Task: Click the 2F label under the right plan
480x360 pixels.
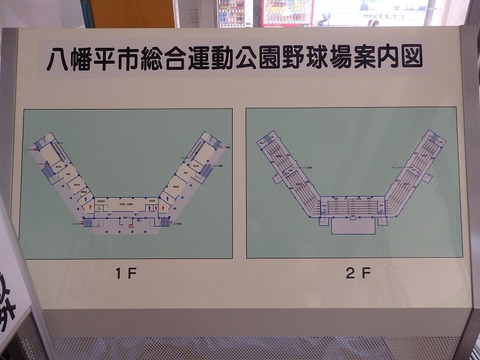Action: [357, 270]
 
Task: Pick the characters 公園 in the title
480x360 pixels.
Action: [260, 58]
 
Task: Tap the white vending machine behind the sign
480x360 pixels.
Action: [232, 12]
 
